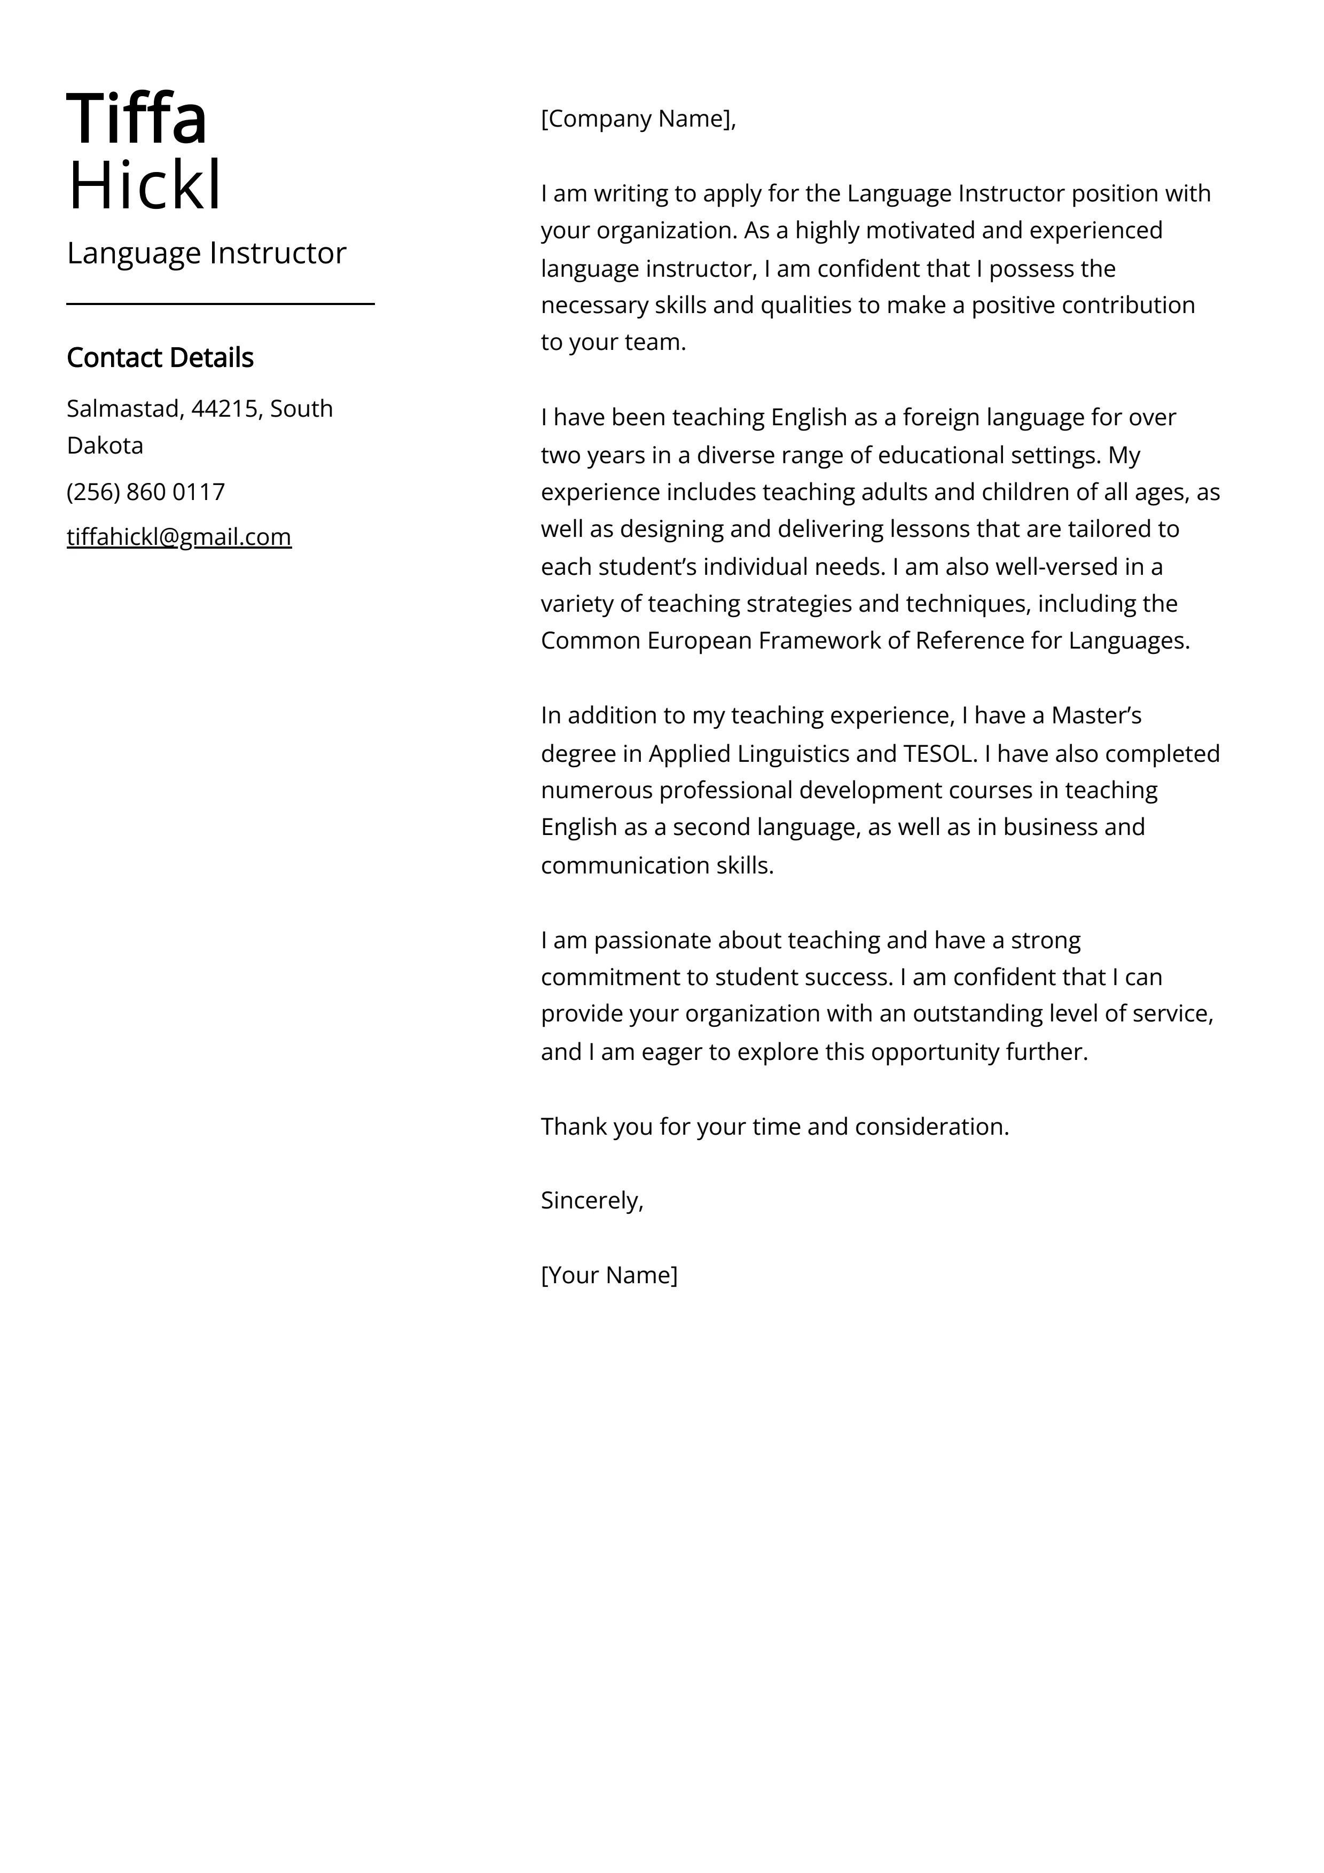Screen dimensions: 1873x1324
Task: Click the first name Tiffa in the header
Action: pyautogui.click(x=137, y=119)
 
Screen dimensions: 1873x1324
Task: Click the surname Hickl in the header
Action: pyautogui.click(x=144, y=186)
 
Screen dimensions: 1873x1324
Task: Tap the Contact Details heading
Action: pyautogui.click(x=160, y=357)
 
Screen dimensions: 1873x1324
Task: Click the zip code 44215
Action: pyautogui.click(x=224, y=408)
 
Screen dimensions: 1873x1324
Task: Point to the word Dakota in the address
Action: pyautogui.click(x=105, y=446)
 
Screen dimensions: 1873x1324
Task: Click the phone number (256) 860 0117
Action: pyautogui.click(x=146, y=492)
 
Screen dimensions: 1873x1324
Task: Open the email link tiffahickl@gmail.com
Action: pyautogui.click(x=179, y=537)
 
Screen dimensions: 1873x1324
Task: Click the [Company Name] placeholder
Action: pyautogui.click(x=637, y=119)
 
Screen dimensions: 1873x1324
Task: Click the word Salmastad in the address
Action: pyautogui.click(x=122, y=408)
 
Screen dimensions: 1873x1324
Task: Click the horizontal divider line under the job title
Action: pyautogui.click(x=220, y=303)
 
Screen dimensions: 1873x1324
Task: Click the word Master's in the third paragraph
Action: pyautogui.click(x=1095, y=715)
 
